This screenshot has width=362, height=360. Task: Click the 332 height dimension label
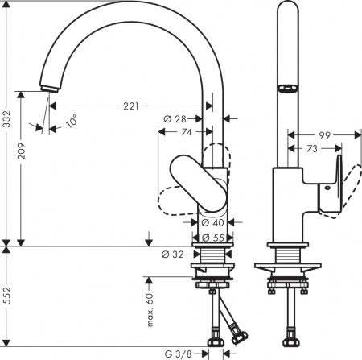pyautogui.click(x=7, y=120)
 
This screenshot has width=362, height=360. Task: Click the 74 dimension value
pyautogui.click(x=184, y=131)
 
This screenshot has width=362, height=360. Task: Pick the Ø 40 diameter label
pyautogui.click(x=212, y=222)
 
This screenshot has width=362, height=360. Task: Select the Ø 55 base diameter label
pyautogui.click(x=212, y=237)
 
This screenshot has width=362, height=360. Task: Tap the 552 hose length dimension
pyautogui.click(x=7, y=300)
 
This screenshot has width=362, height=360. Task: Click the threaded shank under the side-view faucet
pyautogui.click(x=285, y=255)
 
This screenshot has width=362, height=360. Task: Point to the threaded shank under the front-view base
pyautogui.click(x=212, y=255)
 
